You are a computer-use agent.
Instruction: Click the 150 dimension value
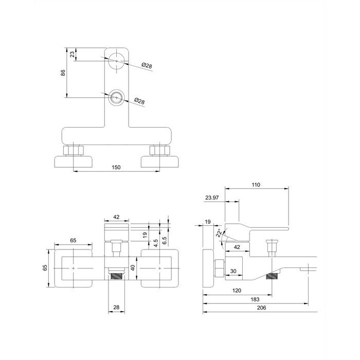[116, 167]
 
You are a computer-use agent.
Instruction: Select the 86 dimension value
[63, 73]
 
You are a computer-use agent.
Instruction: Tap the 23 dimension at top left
[73, 55]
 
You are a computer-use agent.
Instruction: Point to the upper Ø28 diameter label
[147, 66]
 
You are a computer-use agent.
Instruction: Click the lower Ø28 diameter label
[139, 101]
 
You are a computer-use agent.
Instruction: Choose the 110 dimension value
[256, 185]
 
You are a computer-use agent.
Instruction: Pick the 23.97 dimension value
[212, 197]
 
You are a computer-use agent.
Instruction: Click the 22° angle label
[219, 233]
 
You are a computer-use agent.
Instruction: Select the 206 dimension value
[261, 308]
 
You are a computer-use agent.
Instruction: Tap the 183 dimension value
[255, 299]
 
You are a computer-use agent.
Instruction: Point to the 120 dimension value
[237, 291]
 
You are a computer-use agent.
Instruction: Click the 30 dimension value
[233, 271]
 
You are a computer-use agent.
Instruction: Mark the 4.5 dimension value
[156, 243]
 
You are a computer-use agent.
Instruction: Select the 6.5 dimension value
[165, 241]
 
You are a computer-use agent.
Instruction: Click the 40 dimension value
[133, 268]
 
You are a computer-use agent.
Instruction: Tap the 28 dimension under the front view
[116, 307]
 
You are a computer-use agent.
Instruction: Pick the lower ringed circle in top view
[117, 98]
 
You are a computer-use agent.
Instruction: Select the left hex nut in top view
[73, 150]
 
